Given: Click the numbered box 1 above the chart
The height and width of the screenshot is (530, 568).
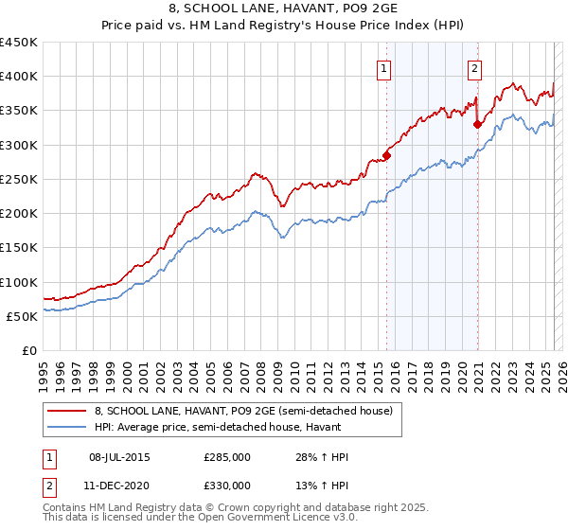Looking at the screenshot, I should [384, 68].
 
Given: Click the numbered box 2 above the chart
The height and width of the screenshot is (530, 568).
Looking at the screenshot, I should [473, 68].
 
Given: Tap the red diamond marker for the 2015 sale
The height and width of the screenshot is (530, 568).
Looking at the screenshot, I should [387, 155].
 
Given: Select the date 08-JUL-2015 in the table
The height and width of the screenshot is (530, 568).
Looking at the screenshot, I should [118, 457].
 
